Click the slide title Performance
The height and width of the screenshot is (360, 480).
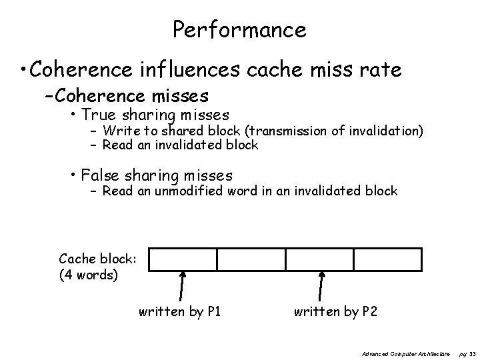[239, 29]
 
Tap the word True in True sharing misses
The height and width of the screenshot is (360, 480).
[97, 115]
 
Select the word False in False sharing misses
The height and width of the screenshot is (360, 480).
[99, 175]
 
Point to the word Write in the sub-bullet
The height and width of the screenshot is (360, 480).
[118, 131]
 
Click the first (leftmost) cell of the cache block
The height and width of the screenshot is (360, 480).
[182, 259]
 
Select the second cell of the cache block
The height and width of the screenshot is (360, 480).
[251, 259]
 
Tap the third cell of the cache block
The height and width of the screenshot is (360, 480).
[319, 259]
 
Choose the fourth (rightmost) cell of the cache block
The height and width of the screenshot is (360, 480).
[388, 259]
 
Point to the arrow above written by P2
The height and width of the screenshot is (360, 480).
[322, 287]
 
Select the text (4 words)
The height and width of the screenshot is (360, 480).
[88, 274]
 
